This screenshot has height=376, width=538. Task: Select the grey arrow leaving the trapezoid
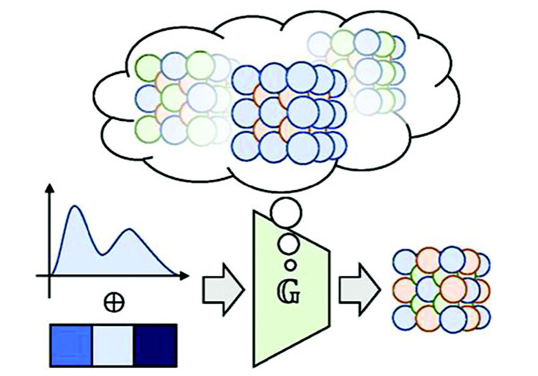coord(359,290)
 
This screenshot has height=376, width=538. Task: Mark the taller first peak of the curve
coord(75,207)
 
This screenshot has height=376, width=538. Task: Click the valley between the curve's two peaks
coord(102,254)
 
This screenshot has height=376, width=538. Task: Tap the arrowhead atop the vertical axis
coord(49,189)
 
